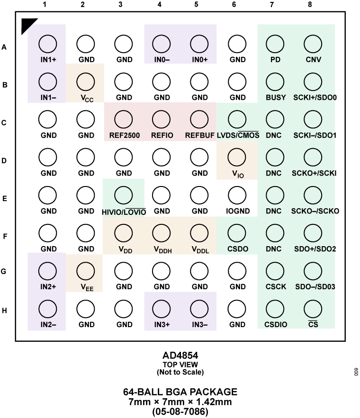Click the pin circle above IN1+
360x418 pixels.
click(47, 44)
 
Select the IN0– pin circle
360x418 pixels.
click(162, 44)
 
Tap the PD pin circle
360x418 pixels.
click(275, 44)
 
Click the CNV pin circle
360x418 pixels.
click(313, 44)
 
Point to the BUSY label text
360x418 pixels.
click(276, 98)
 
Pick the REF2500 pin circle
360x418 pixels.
click(124, 120)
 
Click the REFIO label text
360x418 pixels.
click(162, 135)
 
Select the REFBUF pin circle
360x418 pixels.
click(199, 120)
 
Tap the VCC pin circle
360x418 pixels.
click(86, 82)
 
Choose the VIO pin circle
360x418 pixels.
click(237, 158)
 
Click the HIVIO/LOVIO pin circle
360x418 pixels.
click(124, 196)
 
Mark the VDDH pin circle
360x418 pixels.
click(162, 233)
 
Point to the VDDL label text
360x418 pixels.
click(200, 249)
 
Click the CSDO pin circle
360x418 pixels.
click(237, 233)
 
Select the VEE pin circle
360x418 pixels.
click(86, 271)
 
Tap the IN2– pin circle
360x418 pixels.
click(47, 309)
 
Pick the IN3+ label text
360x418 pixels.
click(162, 325)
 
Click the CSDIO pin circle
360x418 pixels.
click(275, 309)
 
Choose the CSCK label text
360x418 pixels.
click(276, 287)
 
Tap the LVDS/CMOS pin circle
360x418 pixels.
click(237, 120)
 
